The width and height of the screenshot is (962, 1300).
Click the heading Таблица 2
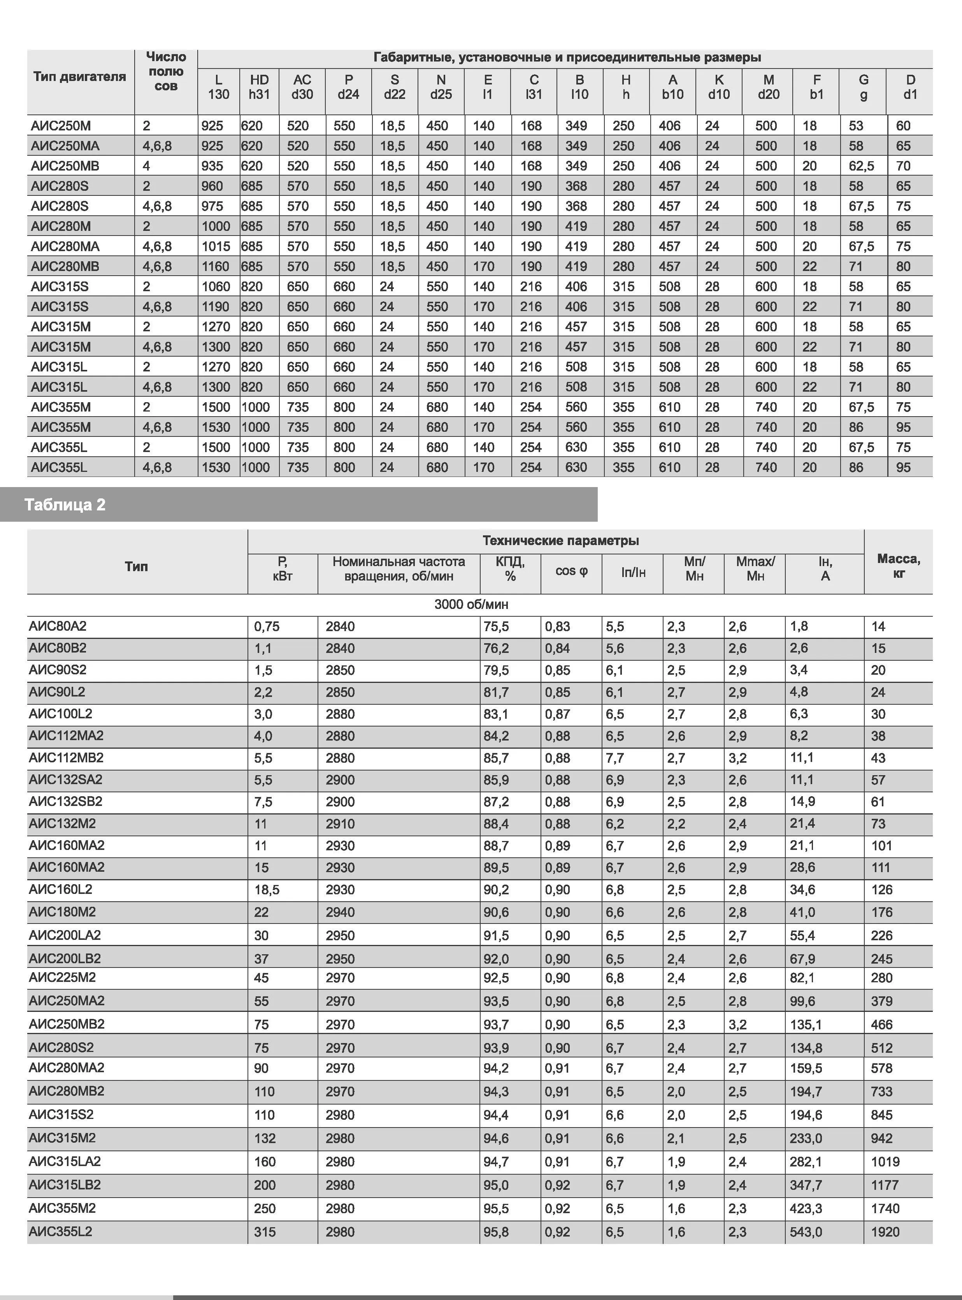[65, 505]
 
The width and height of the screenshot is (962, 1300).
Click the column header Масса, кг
[898, 566]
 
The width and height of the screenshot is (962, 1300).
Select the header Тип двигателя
[80, 77]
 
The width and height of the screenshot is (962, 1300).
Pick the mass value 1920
[885, 1232]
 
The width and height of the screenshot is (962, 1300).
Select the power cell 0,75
[267, 627]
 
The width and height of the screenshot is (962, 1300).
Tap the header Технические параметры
[560, 540]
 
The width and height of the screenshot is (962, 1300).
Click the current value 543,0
[806, 1232]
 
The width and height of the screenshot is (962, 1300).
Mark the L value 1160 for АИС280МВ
[216, 266]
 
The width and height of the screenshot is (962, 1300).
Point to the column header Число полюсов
[166, 72]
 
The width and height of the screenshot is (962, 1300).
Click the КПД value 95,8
[496, 1232]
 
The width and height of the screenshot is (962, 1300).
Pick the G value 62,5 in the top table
[861, 166]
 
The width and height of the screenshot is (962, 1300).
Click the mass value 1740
[885, 1209]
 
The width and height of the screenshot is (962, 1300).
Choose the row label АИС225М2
[62, 977]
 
